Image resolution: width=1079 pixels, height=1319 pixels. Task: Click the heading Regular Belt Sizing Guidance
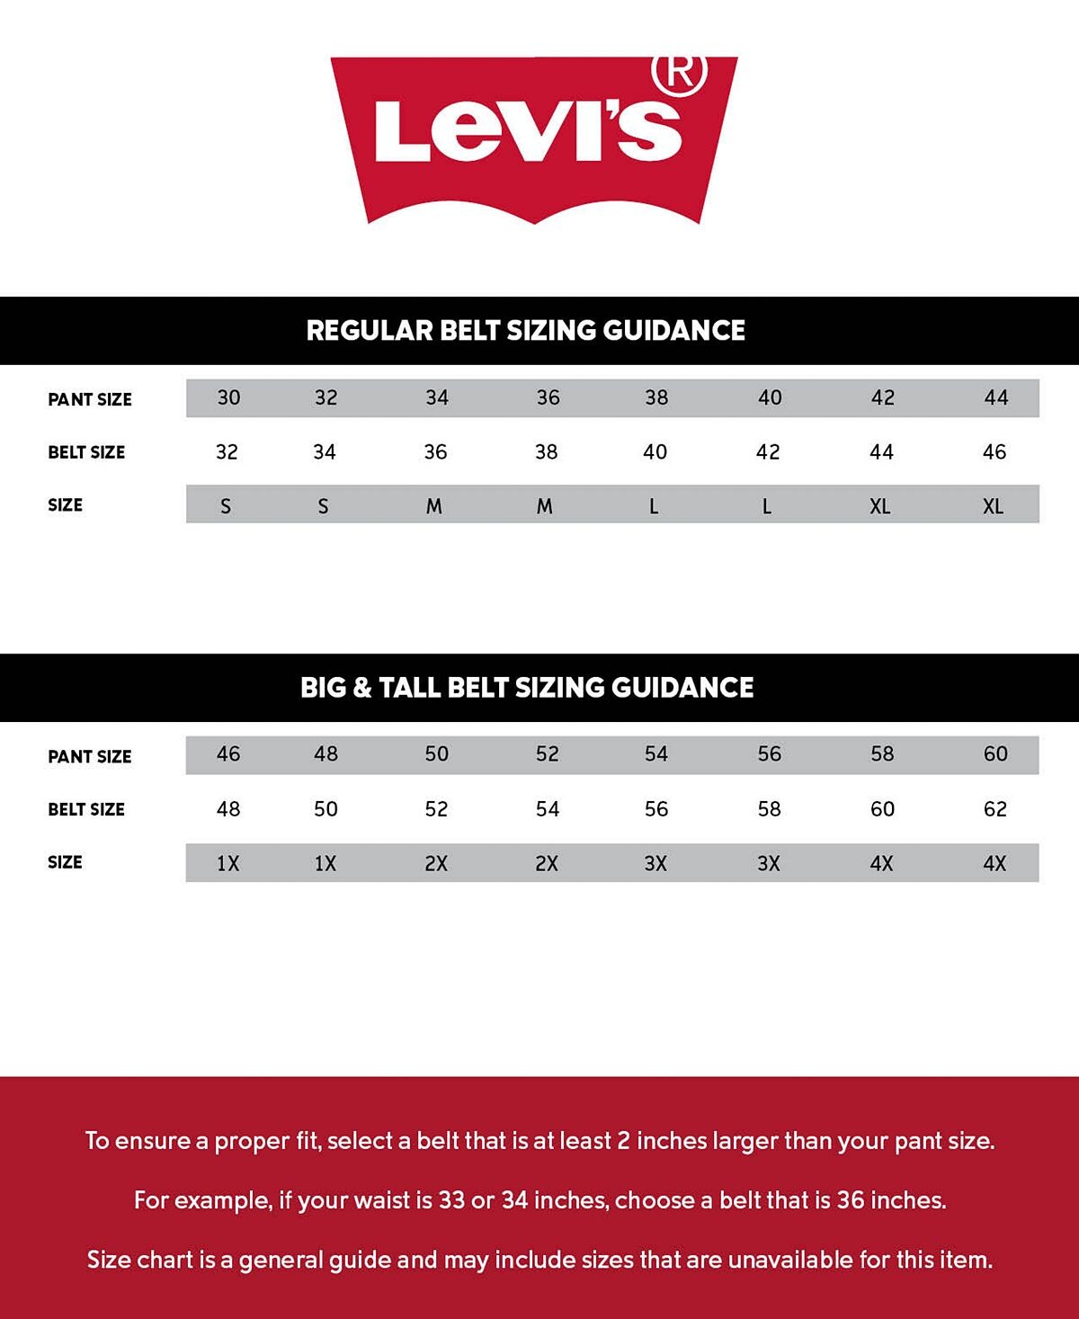(x=526, y=330)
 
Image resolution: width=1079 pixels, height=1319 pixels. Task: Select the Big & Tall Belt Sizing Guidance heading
(x=527, y=688)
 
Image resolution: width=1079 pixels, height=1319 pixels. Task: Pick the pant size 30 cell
(x=228, y=397)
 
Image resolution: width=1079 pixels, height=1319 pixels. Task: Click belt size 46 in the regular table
(x=994, y=452)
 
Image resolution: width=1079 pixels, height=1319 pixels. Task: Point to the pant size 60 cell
(x=994, y=754)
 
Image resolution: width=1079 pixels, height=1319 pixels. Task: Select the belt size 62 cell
(x=994, y=809)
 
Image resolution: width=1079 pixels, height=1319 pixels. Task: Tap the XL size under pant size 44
(x=993, y=506)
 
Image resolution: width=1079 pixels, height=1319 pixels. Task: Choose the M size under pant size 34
(x=434, y=506)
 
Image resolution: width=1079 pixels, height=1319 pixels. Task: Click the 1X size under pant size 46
(x=227, y=864)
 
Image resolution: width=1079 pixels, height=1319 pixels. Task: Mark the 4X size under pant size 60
(x=994, y=864)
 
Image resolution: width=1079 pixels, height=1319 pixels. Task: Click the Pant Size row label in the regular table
(x=90, y=399)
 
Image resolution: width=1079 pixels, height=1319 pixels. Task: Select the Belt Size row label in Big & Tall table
(x=86, y=809)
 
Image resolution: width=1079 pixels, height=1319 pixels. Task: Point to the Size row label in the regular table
(x=65, y=505)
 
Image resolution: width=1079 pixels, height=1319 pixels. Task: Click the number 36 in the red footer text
(x=851, y=1200)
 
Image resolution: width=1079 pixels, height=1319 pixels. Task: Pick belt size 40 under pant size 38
(x=655, y=452)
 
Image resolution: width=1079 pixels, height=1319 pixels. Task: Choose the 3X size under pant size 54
(x=655, y=864)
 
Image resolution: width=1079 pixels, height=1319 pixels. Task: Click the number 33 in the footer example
(x=452, y=1200)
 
